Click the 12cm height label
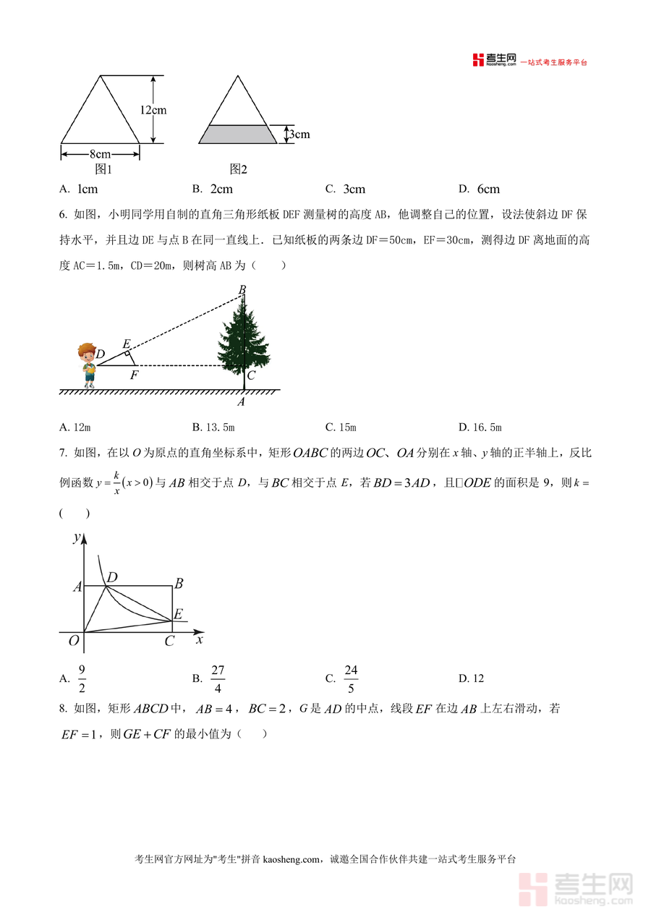pyautogui.click(x=153, y=110)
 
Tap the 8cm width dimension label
pyautogui.click(x=100, y=154)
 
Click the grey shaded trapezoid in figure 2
pyautogui.click(x=238, y=134)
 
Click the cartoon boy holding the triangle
pyautogui.click(x=88, y=365)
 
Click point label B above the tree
pyautogui.click(x=242, y=290)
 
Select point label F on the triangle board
pyautogui.click(x=134, y=376)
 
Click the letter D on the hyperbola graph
pyautogui.click(x=112, y=576)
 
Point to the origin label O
pyautogui.click(x=73, y=641)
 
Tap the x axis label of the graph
pyautogui.click(x=200, y=639)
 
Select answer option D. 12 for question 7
pyautogui.click(x=471, y=678)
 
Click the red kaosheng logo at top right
pyautogui.click(x=494, y=60)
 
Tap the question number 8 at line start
pyautogui.click(x=62, y=710)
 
